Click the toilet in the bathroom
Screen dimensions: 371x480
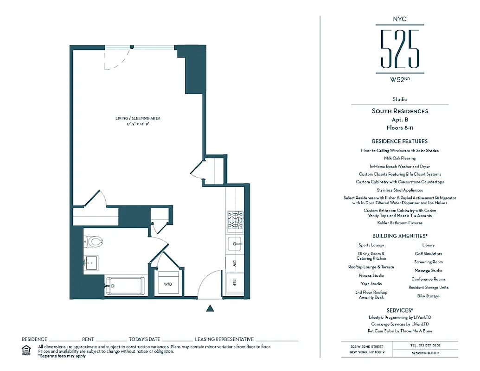tap(94, 242)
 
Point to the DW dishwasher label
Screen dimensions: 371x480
tap(235, 263)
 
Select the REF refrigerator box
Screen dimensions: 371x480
tap(235, 282)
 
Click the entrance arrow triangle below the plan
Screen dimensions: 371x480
tap(210, 308)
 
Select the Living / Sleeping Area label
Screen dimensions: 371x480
tap(138, 119)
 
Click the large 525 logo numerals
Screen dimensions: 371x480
tap(400, 49)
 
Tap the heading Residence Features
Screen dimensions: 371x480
tap(400, 141)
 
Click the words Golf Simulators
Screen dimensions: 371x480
tap(428, 254)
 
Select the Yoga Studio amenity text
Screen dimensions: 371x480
tap(371, 284)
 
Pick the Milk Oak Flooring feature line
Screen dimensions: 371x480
tap(400, 159)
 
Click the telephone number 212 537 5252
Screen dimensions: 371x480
tap(425, 345)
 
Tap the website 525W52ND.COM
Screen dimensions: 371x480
tap(425, 353)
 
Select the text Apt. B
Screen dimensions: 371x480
tap(400, 119)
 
